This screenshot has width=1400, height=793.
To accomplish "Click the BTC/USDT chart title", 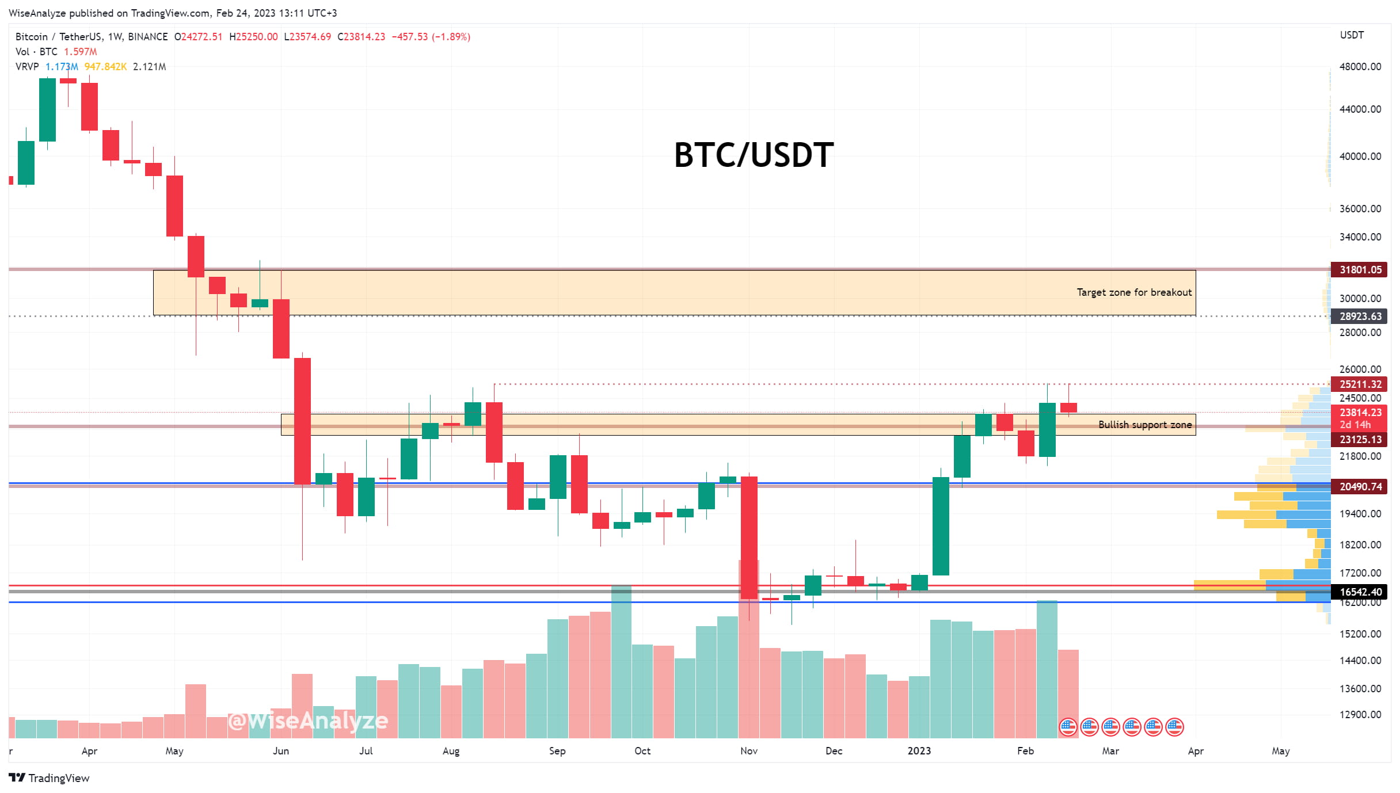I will click(x=753, y=155).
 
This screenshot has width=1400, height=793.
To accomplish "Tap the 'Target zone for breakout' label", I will click(x=1133, y=292).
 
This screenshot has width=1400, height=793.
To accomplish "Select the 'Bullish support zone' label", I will click(x=1144, y=425).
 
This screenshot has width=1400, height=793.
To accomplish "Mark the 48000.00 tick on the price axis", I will click(x=1360, y=66).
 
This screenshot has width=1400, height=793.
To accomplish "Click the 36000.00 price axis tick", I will click(x=1360, y=208).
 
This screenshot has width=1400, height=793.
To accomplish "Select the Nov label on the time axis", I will click(x=748, y=751).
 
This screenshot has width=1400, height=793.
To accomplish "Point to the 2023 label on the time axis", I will click(x=919, y=751).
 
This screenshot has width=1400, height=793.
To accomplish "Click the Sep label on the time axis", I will click(x=557, y=751).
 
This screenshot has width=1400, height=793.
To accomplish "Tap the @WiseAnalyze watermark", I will click(x=308, y=720).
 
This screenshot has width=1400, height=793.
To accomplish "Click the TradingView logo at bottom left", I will click(x=50, y=778).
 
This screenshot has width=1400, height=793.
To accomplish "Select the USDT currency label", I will click(x=1351, y=35).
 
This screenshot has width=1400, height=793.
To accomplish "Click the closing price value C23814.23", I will click(x=362, y=37).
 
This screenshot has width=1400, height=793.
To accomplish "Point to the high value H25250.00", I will click(x=253, y=37).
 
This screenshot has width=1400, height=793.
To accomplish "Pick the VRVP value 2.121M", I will click(x=149, y=67).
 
